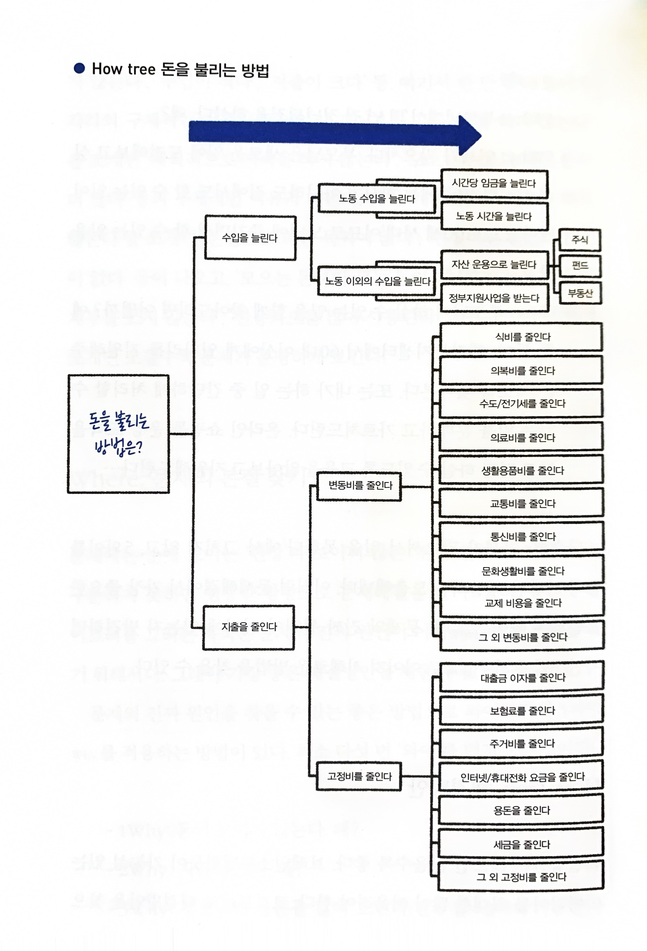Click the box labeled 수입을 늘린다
pyautogui.click(x=250, y=238)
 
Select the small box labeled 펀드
pyautogui.click(x=580, y=266)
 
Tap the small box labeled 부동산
pyautogui.click(x=580, y=293)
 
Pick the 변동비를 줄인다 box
pyautogui.click(x=360, y=486)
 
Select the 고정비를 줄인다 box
pyautogui.click(x=359, y=776)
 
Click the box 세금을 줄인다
pyautogui.click(x=521, y=844)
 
